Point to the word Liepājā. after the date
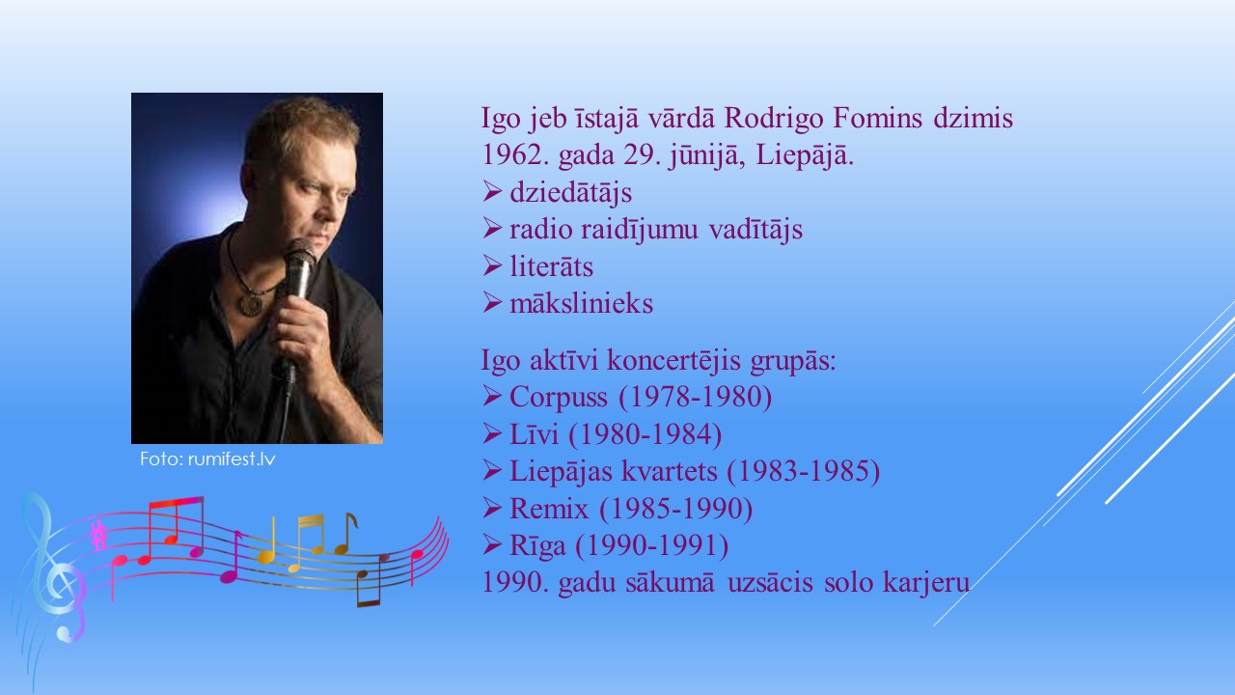[x=805, y=156]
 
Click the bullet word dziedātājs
[x=570, y=193]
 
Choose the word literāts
[x=551, y=267]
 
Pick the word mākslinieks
[x=581, y=303]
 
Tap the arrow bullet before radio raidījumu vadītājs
[x=492, y=228]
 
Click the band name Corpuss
[x=559, y=398]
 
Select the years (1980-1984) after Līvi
[x=645, y=434]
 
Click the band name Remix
[x=549, y=509]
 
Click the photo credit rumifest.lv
[x=231, y=459]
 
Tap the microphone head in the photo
[x=301, y=255]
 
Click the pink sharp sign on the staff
[x=99, y=535]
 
